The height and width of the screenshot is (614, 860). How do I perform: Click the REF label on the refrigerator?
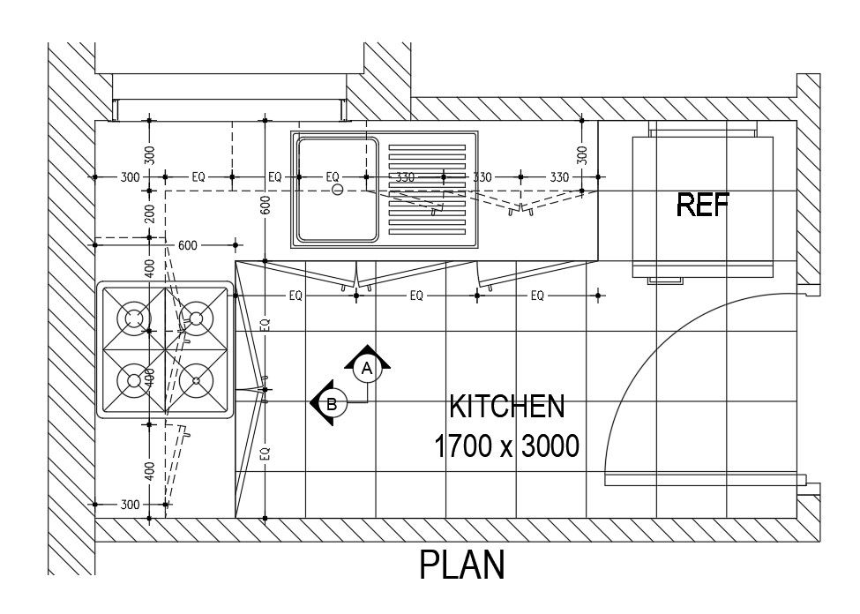point(703,206)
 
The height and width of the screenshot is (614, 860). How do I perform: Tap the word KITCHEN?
point(506,407)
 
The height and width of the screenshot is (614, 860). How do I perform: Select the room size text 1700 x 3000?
point(506,446)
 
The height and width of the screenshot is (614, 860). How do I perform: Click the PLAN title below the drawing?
point(462,565)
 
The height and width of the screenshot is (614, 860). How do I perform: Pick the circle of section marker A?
point(369,369)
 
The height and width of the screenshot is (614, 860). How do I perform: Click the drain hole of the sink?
point(336,189)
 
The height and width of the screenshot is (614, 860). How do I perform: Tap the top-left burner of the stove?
point(134,318)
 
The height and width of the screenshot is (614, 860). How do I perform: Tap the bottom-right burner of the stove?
point(196,380)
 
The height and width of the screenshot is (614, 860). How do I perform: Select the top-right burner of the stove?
point(196,318)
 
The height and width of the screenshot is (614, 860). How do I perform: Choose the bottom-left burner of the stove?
point(134,380)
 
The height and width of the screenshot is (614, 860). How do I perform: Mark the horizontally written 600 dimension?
point(187,246)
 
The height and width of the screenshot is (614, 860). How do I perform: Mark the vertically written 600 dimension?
point(265,205)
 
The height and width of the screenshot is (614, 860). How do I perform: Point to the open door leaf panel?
point(706,480)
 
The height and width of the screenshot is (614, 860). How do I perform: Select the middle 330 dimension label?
point(482,177)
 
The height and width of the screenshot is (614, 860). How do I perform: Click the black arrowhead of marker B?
point(317,403)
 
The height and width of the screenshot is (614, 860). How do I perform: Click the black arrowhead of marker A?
point(369,353)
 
